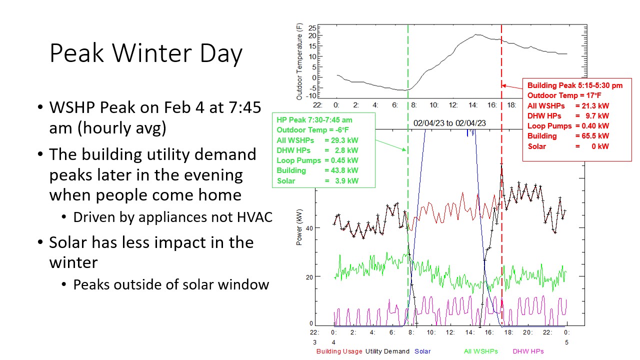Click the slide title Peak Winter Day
tap(146, 53)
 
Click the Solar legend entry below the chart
tap(422, 351)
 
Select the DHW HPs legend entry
tap(528, 351)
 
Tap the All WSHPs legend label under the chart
tap(481, 351)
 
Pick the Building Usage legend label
tap(339, 351)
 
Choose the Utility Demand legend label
tap(387, 351)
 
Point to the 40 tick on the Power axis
tap(309, 228)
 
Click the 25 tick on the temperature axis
tap(312, 28)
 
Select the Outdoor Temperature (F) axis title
tap(299, 61)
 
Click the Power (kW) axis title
tap(299, 227)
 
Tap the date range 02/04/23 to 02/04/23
tap(449, 123)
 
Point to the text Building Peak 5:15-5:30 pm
tap(575, 85)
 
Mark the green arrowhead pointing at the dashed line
tap(404, 149)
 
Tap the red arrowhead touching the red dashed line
tap(504, 85)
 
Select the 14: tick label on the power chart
tap(469, 332)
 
